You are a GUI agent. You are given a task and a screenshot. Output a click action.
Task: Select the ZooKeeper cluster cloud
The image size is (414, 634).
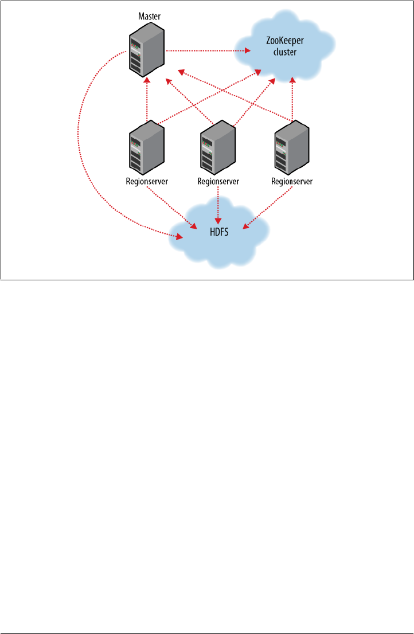(285, 54)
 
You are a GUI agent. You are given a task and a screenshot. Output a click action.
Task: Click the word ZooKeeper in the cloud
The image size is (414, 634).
(285, 40)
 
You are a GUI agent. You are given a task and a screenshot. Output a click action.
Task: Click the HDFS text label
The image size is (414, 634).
(218, 232)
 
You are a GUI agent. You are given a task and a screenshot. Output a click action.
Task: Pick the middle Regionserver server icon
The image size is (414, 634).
(218, 150)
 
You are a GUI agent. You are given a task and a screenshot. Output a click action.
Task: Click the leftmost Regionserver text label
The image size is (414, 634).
(146, 181)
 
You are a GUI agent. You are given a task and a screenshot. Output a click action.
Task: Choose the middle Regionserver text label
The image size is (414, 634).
(218, 181)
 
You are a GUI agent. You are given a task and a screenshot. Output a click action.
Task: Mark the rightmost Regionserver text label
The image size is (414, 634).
(292, 181)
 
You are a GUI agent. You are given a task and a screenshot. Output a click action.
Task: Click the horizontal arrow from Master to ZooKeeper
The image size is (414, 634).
(206, 51)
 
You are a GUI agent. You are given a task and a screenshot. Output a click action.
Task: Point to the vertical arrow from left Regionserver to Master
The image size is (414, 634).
(147, 100)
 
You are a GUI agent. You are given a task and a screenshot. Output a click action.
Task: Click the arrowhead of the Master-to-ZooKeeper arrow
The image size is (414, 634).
(248, 51)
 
